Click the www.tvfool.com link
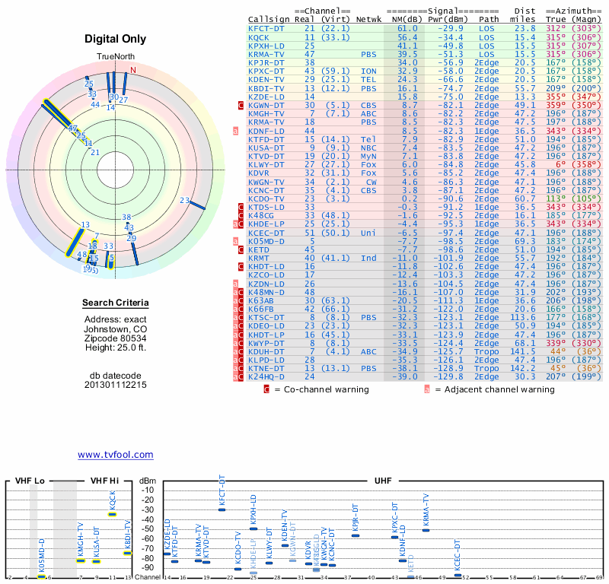click(115, 455)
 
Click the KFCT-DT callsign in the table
click(267, 28)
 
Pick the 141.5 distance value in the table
click(525, 351)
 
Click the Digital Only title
click(115, 39)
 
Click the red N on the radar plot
click(133, 71)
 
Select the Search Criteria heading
click(115, 303)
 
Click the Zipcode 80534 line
click(115, 338)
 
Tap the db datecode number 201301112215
click(115, 385)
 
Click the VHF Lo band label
click(30, 481)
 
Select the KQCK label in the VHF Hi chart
click(113, 500)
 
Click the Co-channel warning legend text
click(320, 389)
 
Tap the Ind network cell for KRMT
click(368, 258)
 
